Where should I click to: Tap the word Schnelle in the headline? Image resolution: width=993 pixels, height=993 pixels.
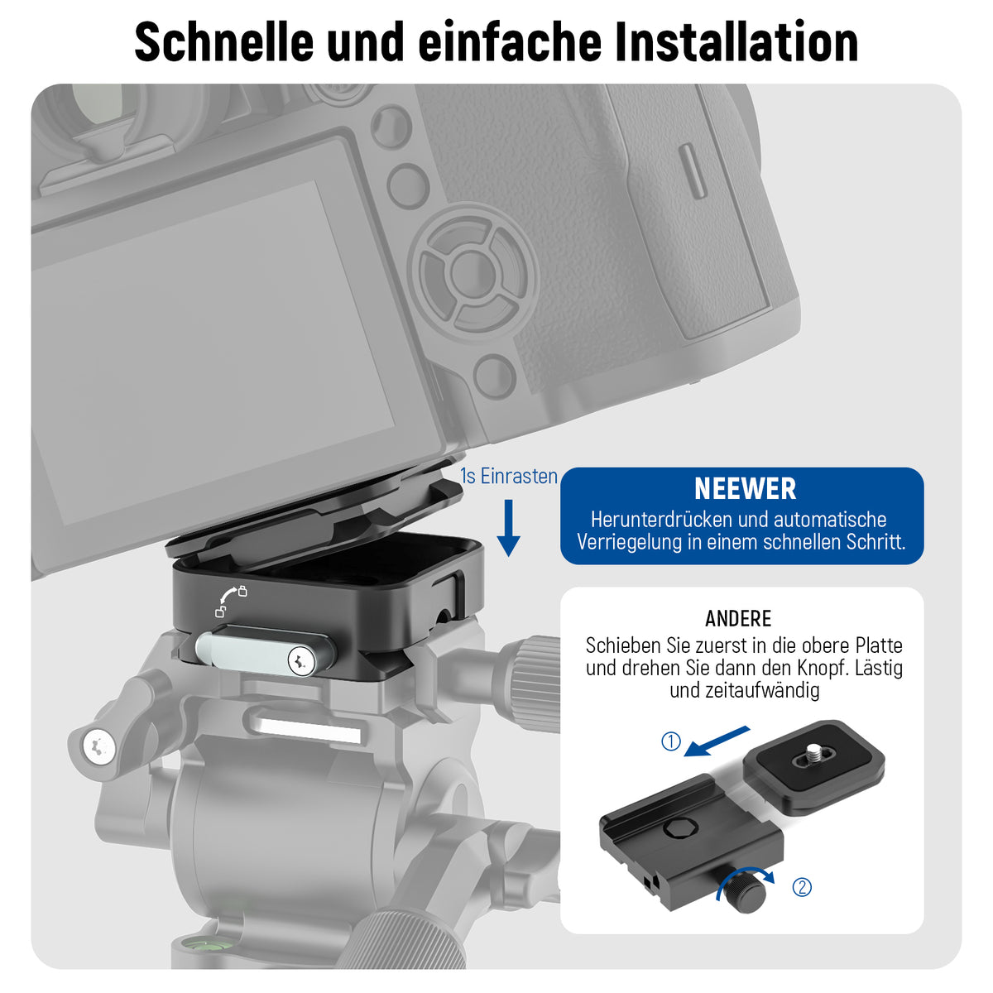click(224, 41)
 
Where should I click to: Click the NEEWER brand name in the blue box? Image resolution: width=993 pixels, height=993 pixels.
click(745, 489)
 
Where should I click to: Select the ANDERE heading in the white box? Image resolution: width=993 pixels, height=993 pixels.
click(738, 618)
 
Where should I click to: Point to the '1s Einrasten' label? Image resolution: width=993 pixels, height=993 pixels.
click(509, 476)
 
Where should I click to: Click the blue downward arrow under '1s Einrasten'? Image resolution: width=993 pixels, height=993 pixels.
click(508, 528)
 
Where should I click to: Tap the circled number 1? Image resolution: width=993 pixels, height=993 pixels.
click(670, 741)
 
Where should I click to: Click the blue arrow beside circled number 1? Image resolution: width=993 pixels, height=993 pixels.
click(717, 741)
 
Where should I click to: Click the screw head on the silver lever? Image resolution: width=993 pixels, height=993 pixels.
click(302, 660)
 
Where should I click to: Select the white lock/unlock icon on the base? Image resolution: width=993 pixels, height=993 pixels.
click(231, 601)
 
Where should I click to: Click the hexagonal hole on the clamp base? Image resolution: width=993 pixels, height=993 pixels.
click(680, 829)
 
